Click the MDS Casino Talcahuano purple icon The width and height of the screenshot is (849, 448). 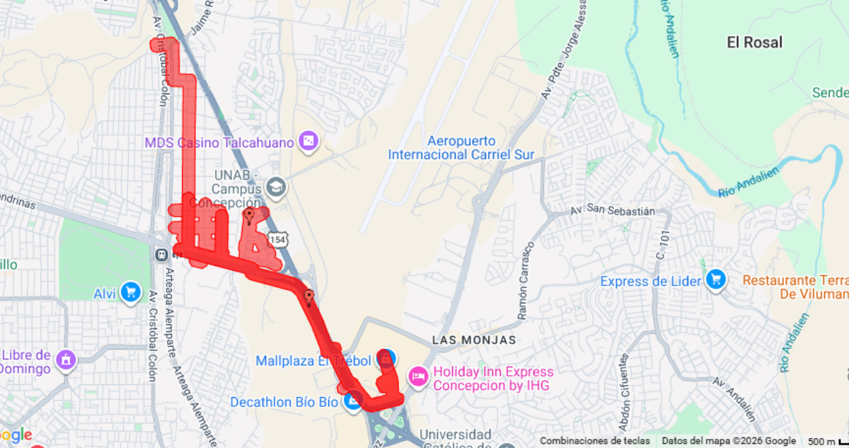coord(310,142)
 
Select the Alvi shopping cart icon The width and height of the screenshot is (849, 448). coord(130,292)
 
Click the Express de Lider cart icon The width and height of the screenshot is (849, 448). coord(716,280)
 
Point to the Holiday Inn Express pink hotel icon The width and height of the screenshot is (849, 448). coord(418,378)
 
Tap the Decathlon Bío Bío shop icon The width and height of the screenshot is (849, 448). coord(352,402)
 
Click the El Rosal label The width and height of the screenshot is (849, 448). coord(754,42)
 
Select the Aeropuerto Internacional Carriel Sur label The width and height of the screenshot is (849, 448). coord(461,148)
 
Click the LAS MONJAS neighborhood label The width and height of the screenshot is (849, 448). coord(475,340)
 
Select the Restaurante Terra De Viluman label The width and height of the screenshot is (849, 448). coord(795,287)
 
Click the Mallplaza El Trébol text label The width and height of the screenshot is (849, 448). coord(313,361)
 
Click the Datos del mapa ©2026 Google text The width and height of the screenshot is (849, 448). coord(729,441)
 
